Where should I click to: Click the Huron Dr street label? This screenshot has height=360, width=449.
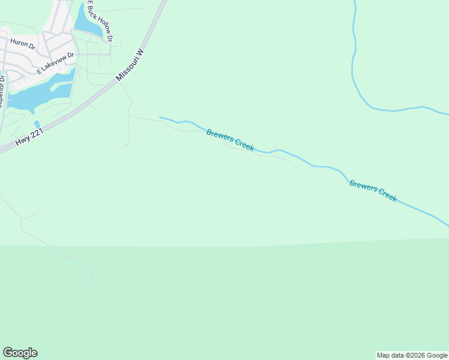click(x=23, y=44)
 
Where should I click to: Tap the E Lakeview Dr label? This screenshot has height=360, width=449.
click(x=55, y=63)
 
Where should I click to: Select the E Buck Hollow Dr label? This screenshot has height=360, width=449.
click(x=99, y=21)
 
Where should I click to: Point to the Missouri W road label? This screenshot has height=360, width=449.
click(x=130, y=65)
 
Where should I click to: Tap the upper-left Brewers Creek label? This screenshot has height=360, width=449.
click(x=230, y=140)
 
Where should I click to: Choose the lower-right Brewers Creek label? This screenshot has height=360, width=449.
click(x=373, y=191)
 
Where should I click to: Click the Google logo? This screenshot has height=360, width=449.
click(x=20, y=353)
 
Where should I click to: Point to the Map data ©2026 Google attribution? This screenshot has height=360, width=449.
click(x=412, y=355)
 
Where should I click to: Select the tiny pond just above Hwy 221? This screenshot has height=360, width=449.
click(x=37, y=124)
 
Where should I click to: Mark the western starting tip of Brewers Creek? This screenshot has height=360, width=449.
click(x=160, y=117)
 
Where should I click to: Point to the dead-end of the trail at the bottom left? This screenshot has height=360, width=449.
click(x=91, y=284)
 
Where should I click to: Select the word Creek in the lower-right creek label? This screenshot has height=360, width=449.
click(x=386, y=196)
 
